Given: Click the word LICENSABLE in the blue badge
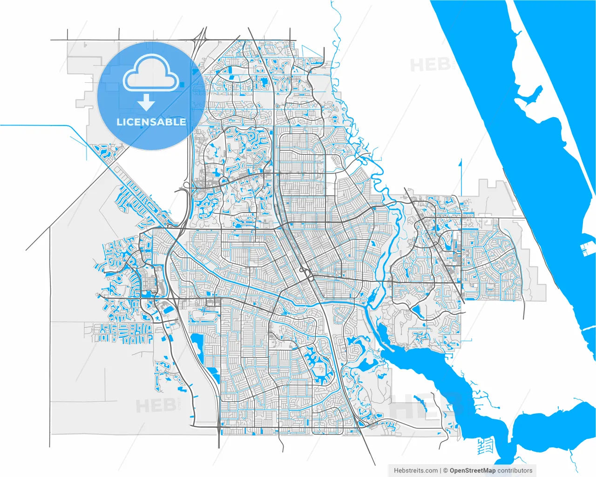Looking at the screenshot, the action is pyautogui.click(x=151, y=122).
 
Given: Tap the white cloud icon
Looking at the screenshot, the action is pyautogui.click(x=150, y=73).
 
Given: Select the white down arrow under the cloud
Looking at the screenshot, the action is pyautogui.click(x=147, y=102).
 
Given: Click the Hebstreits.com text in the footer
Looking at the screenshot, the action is pyautogui.click(x=416, y=470).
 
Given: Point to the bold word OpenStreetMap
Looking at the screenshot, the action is pyautogui.click(x=473, y=470).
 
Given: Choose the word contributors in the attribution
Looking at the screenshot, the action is pyautogui.click(x=515, y=470).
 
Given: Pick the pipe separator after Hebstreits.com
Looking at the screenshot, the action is pyautogui.click(x=440, y=470).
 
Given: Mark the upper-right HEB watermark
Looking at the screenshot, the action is pyautogui.click(x=431, y=64).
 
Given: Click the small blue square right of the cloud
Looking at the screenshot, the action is pyautogui.click(x=182, y=84).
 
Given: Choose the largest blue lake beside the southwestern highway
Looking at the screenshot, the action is pyautogui.click(x=197, y=344).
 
